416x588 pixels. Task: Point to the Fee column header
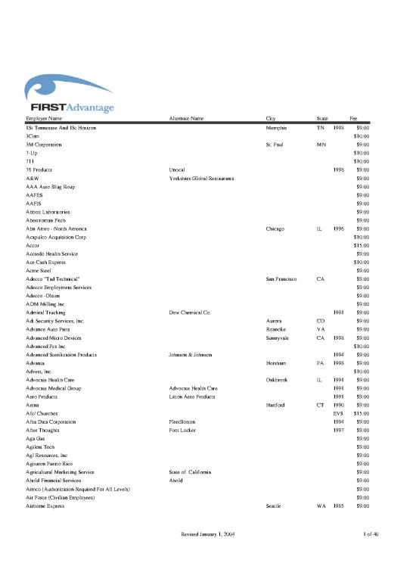point(352,119)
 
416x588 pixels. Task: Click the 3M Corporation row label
point(45,144)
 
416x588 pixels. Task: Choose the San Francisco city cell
point(285,279)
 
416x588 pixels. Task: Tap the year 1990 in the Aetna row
point(338,405)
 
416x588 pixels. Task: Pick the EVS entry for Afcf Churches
point(339,413)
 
